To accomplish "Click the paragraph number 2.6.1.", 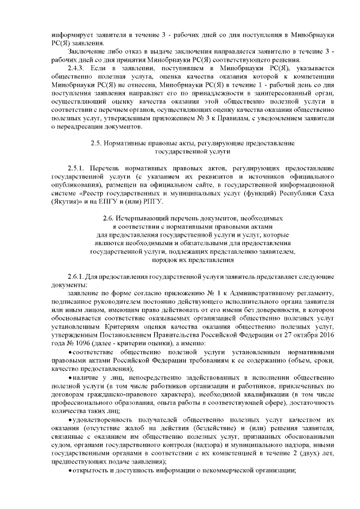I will [x=76, y=277].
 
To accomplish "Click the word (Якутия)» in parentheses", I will [x=60, y=201].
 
